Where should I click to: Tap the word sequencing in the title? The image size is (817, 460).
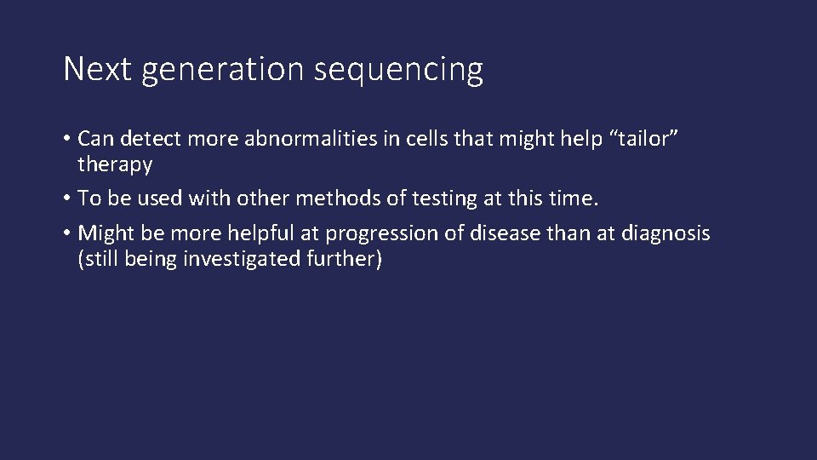[x=398, y=71]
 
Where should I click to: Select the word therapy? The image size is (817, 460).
[x=114, y=164]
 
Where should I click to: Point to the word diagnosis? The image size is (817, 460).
[x=671, y=233]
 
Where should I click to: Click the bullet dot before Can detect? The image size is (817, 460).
[x=67, y=138]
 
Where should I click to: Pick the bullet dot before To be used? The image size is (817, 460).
[x=67, y=199]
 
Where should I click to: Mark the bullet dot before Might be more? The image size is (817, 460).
[x=67, y=234]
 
